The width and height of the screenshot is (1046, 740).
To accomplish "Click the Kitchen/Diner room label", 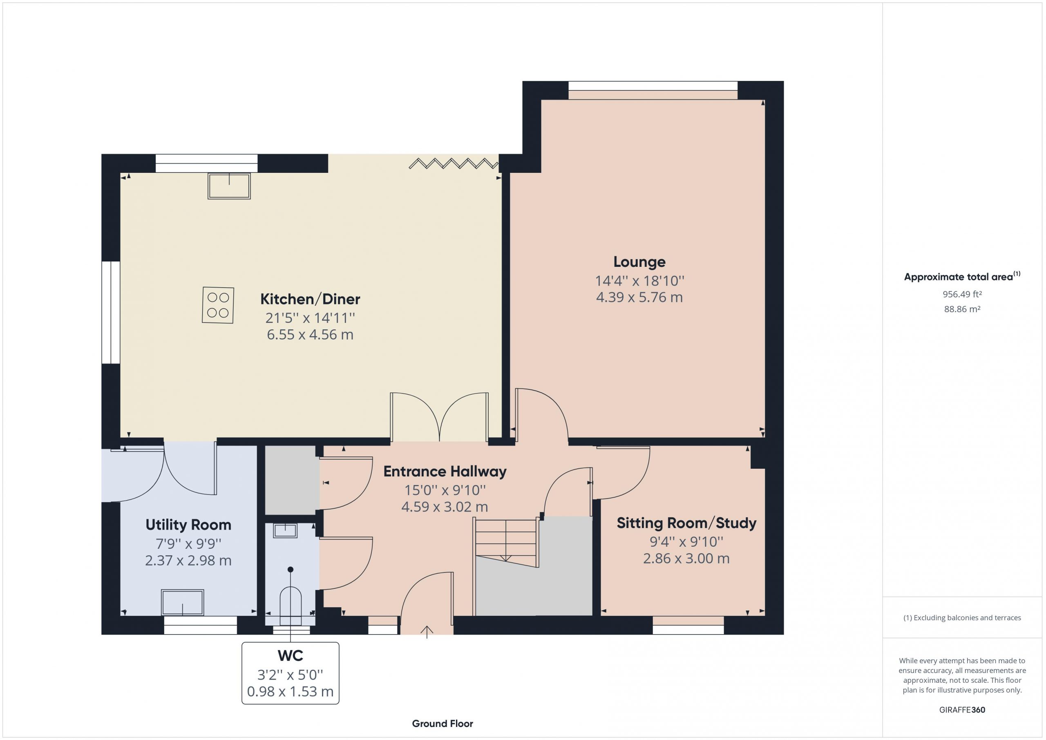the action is coord(310,299).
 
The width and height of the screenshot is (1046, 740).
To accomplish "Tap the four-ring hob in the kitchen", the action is coord(218,305).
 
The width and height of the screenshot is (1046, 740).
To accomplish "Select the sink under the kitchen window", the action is coord(229,186).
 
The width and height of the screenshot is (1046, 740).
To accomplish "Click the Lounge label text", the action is coord(639,262).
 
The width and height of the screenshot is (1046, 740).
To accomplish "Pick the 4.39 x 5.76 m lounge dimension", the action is coord(639,297).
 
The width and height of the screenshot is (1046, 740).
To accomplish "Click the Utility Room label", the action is coord(188,525).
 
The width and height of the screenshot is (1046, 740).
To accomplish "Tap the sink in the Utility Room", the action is coord(182,602).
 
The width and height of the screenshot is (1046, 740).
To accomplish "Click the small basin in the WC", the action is coord(285,530).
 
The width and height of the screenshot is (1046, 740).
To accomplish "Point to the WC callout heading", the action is coord(290,656).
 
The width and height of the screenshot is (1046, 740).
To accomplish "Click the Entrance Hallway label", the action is coord(445,471).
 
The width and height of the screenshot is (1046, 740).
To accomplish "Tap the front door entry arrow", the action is coord(427,632).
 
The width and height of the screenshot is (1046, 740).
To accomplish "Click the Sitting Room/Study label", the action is coord(686,523).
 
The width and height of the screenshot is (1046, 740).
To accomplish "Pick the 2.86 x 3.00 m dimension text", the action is coord(686,558).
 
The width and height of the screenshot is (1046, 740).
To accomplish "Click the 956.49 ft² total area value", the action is coord(962,294).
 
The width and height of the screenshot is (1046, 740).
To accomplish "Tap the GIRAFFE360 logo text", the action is coord(962,709).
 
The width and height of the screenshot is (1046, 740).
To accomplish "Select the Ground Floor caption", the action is coord(443,723).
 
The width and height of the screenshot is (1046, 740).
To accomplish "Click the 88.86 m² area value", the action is coord(962,309).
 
